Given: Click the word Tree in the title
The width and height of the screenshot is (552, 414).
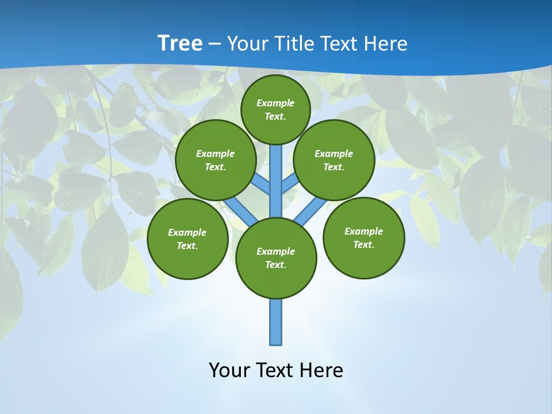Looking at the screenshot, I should point(180,43).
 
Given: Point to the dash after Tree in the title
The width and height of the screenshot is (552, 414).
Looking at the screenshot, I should point(214,44).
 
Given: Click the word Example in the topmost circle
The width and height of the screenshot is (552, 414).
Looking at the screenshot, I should point(275,103).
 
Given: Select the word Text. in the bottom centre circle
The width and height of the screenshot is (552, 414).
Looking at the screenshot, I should point(275,265).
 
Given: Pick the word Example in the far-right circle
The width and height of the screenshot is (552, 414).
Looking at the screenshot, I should point(363,231).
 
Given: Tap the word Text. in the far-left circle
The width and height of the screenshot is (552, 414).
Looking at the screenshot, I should point(187,246).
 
